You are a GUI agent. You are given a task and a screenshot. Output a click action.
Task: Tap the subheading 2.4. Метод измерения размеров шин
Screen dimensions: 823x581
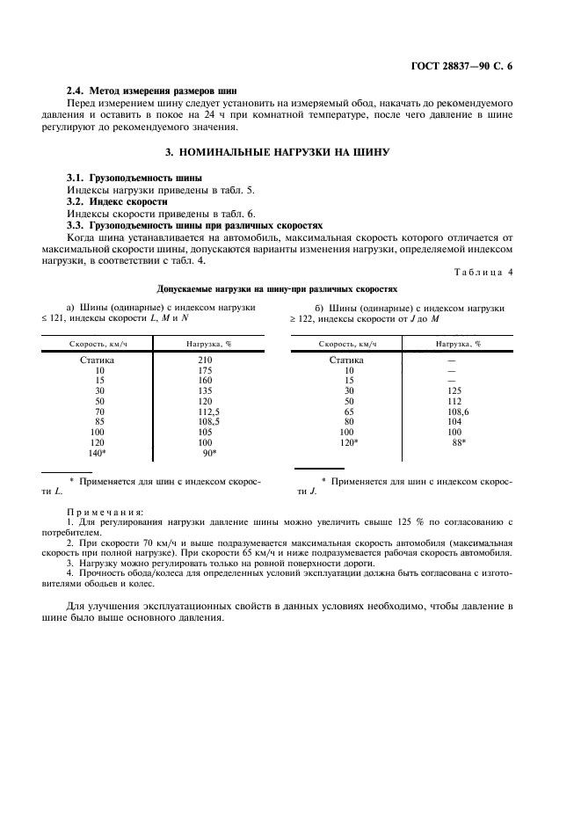pyautogui.click(x=151, y=91)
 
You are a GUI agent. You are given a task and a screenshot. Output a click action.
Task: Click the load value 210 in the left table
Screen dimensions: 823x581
pyautogui.click(x=206, y=360)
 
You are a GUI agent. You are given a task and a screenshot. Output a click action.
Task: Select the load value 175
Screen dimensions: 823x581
pyautogui.click(x=206, y=371)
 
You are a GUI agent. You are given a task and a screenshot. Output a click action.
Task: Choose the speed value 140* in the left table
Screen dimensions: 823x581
pyautogui.click(x=97, y=453)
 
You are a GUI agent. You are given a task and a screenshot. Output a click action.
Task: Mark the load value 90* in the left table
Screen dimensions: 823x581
pyautogui.click(x=209, y=453)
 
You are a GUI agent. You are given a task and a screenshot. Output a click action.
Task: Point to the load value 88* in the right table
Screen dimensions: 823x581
pyautogui.click(x=459, y=442)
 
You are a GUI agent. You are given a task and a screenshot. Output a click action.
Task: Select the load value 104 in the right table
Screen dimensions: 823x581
pyautogui.click(x=454, y=421)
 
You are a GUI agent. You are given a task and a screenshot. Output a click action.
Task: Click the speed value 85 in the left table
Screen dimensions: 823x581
pyautogui.click(x=98, y=421)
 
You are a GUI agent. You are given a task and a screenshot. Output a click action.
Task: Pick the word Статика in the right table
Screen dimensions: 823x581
pyautogui.click(x=346, y=360)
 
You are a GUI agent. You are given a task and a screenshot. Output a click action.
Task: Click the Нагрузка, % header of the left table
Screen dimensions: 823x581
pyautogui.click(x=208, y=343)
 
